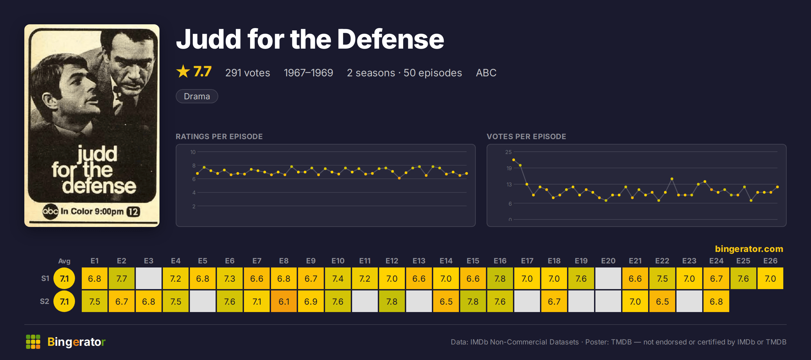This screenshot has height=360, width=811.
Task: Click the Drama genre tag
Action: tap(197, 96)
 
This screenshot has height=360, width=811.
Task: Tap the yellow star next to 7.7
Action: tap(183, 71)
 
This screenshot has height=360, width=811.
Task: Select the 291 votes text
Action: tap(248, 73)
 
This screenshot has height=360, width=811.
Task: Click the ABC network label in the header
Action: tap(486, 73)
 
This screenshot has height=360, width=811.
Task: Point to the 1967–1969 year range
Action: tap(309, 73)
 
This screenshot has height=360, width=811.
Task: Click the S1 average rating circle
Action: tap(64, 279)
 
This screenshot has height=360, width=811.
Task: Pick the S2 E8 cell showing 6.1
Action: tap(284, 301)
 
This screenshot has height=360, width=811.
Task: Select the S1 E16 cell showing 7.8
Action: tap(500, 279)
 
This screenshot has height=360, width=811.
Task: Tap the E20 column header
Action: tap(608, 261)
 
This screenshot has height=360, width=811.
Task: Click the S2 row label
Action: tap(45, 301)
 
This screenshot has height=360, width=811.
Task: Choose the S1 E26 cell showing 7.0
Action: tap(770, 279)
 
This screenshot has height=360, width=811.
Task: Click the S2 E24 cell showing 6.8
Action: tap(716, 301)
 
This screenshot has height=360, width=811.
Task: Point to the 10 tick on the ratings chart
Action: tap(193, 152)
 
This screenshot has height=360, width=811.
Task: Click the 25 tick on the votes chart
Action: tap(508, 152)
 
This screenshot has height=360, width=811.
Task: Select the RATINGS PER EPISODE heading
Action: tap(219, 136)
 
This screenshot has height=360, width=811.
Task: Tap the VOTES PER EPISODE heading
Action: tap(526, 136)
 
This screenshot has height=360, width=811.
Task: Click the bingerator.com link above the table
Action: tap(749, 249)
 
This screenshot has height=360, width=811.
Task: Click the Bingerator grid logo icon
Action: tap(33, 342)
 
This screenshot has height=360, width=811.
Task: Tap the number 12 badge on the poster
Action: tap(133, 212)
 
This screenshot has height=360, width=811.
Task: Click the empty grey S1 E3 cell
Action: tap(149, 279)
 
